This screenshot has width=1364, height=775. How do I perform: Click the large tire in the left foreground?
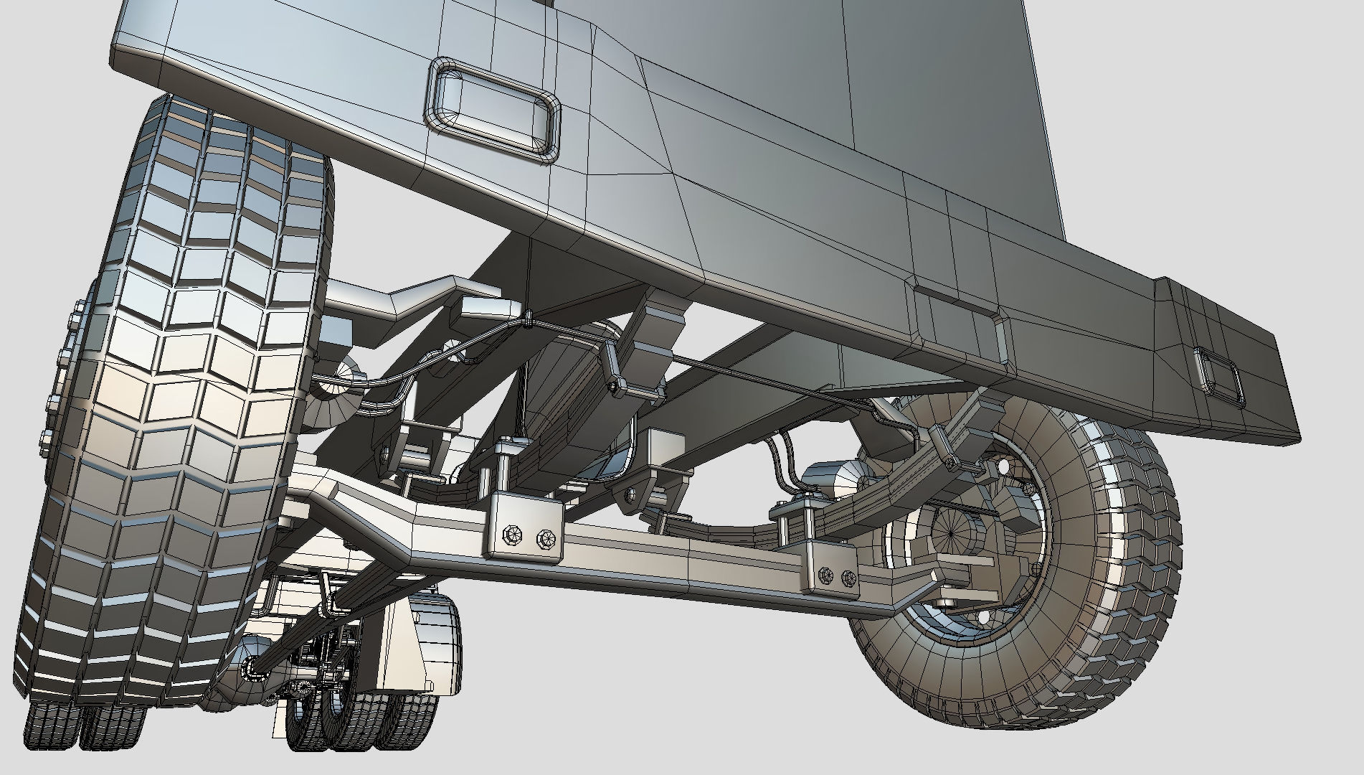click(179, 402)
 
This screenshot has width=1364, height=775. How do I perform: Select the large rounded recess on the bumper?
click(495, 108)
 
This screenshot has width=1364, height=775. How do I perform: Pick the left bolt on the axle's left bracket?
click(512, 534)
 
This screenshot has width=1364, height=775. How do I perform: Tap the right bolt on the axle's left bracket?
click(546, 537)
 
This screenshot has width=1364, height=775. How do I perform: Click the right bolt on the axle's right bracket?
click(848, 577)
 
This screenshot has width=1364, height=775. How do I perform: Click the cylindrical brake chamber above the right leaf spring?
click(832, 477)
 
